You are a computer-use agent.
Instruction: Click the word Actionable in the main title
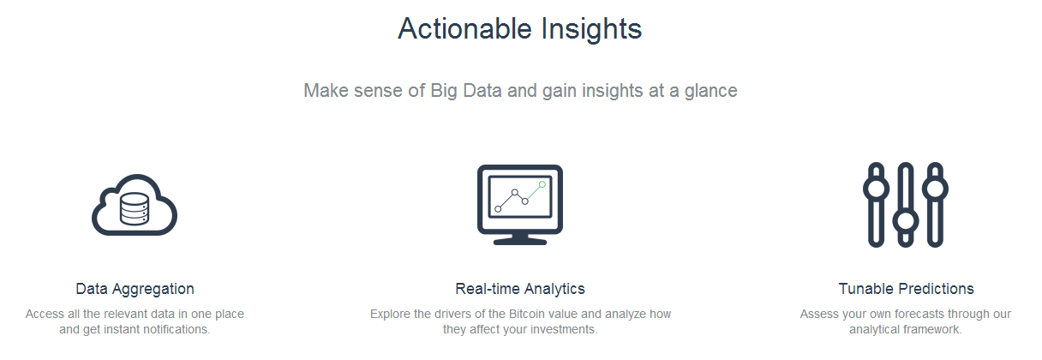pyautogui.click(x=464, y=29)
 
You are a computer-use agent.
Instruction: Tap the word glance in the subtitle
pyautogui.click(x=710, y=91)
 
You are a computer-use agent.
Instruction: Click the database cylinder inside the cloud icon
pyautogui.click(x=135, y=209)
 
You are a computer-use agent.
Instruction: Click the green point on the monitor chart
pyautogui.click(x=542, y=184)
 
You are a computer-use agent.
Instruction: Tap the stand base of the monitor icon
pyautogui.click(x=520, y=241)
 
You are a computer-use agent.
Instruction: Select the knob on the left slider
pyautogui.click(x=876, y=189)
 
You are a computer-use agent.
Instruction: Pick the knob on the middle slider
pyautogui.click(x=905, y=221)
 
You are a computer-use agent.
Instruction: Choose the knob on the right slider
pyautogui.click(x=935, y=189)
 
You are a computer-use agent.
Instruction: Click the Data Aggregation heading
pyautogui.click(x=135, y=290)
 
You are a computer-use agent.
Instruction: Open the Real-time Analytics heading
pyautogui.click(x=520, y=290)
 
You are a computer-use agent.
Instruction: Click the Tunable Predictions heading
pyautogui.click(x=906, y=289)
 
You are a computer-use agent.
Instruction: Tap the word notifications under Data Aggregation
pyautogui.click(x=177, y=329)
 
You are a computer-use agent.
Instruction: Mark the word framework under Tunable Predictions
pyautogui.click(x=932, y=329)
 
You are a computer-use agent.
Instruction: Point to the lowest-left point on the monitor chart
pyautogui.click(x=498, y=209)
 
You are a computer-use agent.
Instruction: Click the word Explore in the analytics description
pyautogui.click(x=388, y=315)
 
